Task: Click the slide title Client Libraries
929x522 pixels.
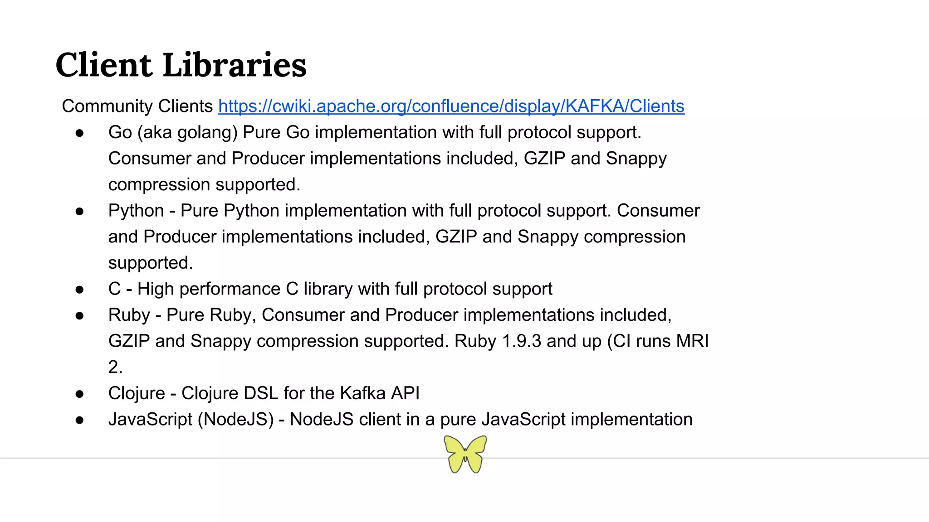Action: [181, 65]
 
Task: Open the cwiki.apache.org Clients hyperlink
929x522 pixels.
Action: [451, 106]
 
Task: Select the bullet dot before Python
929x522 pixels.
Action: [80, 211]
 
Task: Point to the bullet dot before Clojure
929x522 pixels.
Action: [80, 394]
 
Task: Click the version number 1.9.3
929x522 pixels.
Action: [521, 341]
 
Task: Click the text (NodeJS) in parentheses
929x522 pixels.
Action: [235, 420]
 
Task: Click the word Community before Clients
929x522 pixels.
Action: [100, 106]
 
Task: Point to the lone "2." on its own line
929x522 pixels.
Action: [115, 367]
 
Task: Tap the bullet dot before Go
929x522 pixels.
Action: [80, 133]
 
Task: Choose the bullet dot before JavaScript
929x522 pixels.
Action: [80, 420]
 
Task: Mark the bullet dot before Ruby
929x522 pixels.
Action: [80, 315]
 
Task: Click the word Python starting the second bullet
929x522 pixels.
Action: [136, 211]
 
